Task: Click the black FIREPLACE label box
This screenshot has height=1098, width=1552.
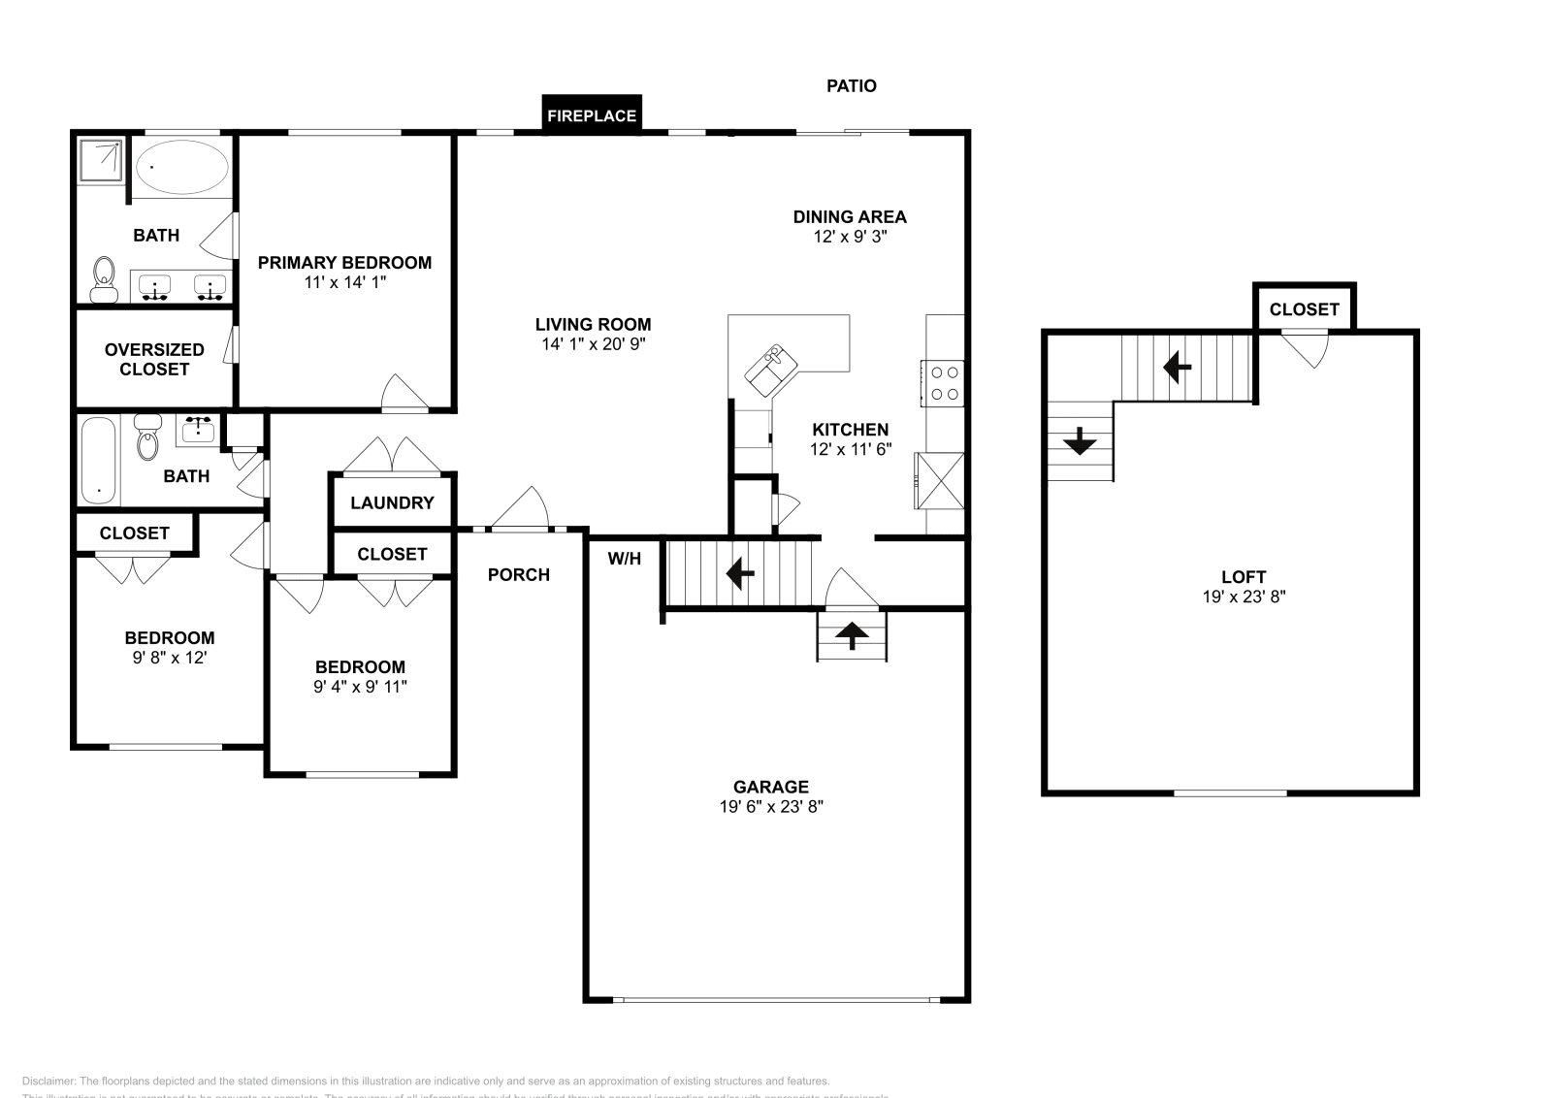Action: pos(591,114)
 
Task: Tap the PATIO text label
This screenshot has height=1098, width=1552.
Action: pos(851,85)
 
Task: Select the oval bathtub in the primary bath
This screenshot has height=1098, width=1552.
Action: pos(181,168)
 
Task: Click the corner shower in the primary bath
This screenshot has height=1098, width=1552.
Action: pos(101,160)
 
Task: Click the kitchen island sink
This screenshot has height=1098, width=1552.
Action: pos(771,370)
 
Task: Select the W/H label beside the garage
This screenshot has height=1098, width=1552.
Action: pos(624,559)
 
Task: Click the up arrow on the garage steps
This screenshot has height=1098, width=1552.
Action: pos(852,635)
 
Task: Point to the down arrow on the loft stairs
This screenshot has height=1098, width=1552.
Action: pos(1079,443)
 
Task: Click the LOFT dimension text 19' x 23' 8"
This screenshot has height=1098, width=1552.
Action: pos(1244,597)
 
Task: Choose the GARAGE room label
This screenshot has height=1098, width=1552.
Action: pos(770,787)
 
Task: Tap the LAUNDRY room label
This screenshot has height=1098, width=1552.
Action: pos(392,502)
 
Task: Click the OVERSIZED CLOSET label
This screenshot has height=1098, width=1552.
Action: pos(154,359)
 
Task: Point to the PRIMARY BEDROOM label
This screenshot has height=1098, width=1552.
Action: pos(344,262)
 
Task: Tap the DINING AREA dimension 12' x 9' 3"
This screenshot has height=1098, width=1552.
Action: pos(850,236)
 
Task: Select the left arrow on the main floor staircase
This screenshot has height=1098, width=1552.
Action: pos(740,573)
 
